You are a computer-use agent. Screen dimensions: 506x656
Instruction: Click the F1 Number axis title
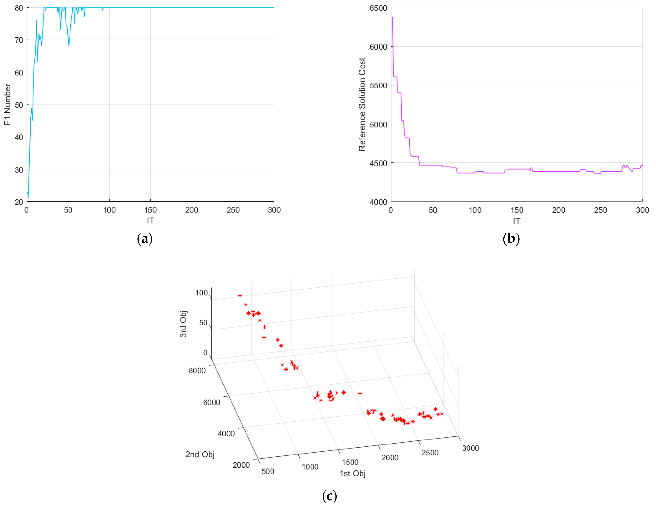pos(7,105)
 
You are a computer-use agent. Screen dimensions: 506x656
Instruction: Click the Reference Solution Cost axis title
pos(362,105)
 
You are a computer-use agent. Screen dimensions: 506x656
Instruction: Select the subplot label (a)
pos(145,239)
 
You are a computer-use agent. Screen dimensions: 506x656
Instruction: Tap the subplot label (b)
pos(511,239)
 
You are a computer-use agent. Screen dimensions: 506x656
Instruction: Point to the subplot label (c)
pos(329,496)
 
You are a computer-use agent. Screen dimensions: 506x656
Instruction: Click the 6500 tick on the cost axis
pos(378,8)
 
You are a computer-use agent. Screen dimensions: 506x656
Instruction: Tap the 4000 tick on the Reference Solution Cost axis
pos(378,202)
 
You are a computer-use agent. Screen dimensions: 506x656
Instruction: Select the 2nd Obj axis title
pos(200,454)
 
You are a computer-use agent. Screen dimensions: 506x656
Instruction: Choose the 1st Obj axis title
pos(352,474)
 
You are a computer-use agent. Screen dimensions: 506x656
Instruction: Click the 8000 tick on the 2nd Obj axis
pos(197,370)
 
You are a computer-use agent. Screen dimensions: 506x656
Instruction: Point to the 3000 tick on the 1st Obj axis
pos(470,448)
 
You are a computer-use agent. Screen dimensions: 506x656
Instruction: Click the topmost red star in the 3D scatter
pos(240,296)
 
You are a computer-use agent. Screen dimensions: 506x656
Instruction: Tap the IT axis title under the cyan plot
pos(150,221)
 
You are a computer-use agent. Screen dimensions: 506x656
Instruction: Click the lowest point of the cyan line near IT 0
pos(28,198)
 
